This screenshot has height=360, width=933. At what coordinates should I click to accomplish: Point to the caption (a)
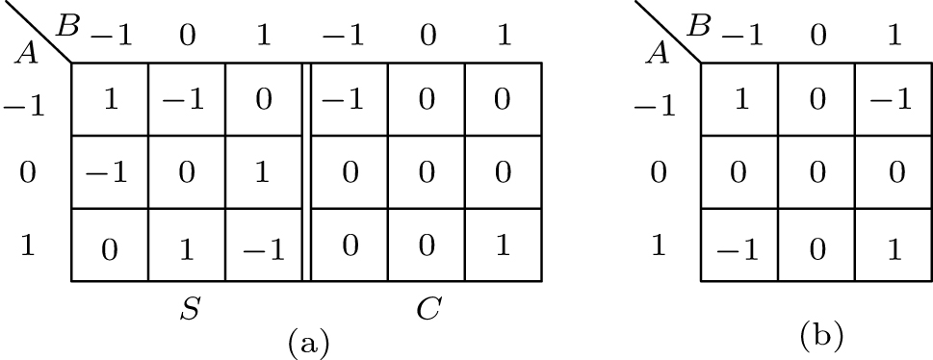308,342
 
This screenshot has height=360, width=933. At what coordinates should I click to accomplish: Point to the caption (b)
820,336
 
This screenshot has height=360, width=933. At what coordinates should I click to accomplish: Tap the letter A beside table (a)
28,53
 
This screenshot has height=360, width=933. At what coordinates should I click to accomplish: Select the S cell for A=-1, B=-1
111,99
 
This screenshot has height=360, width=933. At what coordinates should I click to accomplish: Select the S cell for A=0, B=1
264,172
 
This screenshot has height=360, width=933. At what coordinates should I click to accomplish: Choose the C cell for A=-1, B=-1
350,99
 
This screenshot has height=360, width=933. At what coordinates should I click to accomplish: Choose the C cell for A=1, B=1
503,245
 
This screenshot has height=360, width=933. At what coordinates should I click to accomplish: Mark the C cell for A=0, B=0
427,172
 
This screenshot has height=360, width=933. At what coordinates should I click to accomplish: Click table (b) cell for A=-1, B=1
894,99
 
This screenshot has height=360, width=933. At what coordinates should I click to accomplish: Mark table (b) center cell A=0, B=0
816,172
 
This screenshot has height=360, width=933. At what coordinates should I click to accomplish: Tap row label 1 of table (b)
658,245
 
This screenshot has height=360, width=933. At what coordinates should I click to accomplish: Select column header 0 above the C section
427,38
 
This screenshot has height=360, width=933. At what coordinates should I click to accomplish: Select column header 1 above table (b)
894,38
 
